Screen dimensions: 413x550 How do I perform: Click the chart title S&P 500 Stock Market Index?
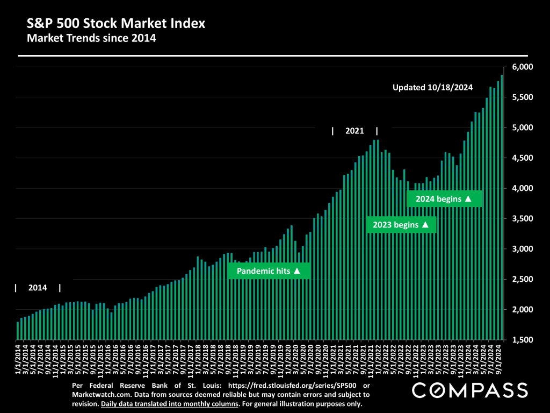pyautogui.click(x=116, y=24)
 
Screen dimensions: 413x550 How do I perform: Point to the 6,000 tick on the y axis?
pyautogui.click(x=522, y=67)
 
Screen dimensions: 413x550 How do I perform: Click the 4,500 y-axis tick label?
pyautogui.click(x=522, y=158)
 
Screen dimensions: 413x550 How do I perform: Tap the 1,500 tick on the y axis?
pyautogui.click(x=522, y=340)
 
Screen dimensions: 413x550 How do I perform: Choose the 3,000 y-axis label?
pyautogui.click(x=522, y=249)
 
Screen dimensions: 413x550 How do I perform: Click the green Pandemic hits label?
pyautogui.click(x=269, y=271)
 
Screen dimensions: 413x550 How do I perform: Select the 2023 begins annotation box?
pyautogui.click(x=401, y=225)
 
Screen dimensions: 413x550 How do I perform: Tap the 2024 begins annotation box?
pyautogui.click(x=444, y=199)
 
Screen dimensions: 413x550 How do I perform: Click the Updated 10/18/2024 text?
pyautogui.click(x=432, y=87)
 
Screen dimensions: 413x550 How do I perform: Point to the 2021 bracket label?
pyautogui.click(x=354, y=131)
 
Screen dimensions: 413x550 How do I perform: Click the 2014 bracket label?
pyautogui.click(x=38, y=288)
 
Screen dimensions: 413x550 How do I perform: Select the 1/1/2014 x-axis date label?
pyautogui.click(x=18, y=361)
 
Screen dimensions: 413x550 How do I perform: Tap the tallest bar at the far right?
pyautogui.click(x=502, y=207)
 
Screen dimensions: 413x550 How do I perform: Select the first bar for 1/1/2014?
pyautogui.click(x=18, y=331)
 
